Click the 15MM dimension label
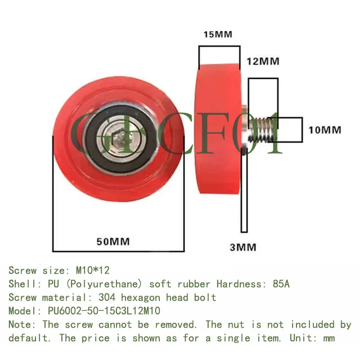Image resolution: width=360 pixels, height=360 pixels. [x=218, y=35]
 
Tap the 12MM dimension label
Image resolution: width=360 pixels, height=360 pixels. [x=263, y=62]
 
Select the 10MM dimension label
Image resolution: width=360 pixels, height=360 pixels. [x=325, y=130]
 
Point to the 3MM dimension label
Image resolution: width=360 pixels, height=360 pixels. [x=243, y=247]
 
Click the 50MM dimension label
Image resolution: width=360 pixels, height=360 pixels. [x=113, y=242]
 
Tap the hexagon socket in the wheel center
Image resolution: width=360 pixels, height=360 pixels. [x=119, y=139]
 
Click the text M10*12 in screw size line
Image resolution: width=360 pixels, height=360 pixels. [x=93, y=270]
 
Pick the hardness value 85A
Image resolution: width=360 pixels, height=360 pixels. [x=281, y=284]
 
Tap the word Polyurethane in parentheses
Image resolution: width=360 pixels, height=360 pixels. [x=104, y=284]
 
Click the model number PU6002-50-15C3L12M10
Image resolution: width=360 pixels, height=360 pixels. [x=104, y=311]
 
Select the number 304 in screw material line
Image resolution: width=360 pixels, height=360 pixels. [x=107, y=297]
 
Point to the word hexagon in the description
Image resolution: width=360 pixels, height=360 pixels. [x=140, y=298]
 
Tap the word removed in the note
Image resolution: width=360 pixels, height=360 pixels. [x=175, y=324]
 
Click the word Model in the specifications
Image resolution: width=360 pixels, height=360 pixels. [x=23, y=311]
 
